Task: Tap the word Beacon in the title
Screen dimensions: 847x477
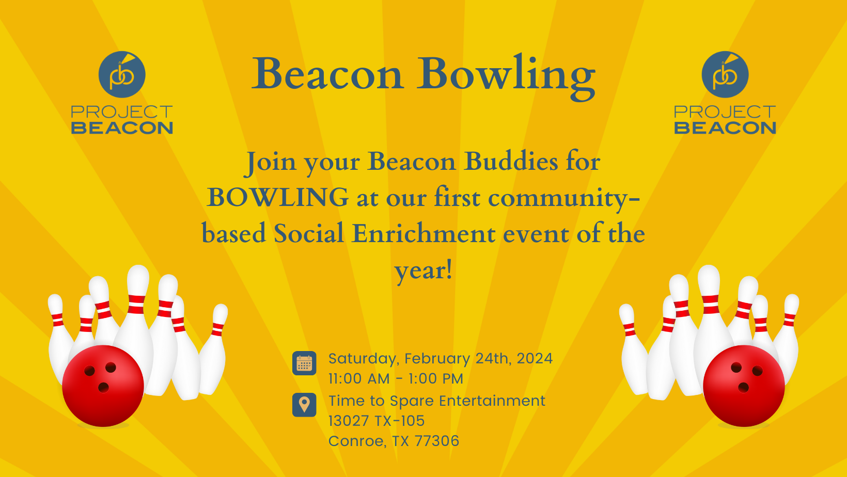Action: tap(327, 74)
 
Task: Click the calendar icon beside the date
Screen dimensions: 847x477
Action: tap(304, 363)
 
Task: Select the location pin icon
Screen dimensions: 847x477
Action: tap(304, 405)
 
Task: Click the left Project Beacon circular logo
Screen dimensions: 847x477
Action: tap(122, 74)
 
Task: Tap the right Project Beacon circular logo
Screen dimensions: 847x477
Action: tap(725, 74)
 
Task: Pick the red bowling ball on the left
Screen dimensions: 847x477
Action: tap(103, 386)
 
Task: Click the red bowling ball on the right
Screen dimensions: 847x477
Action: tap(744, 386)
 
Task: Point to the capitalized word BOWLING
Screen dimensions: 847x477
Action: tap(277, 198)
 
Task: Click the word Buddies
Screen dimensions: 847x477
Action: tap(511, 162)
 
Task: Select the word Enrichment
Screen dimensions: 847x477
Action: tap(423, 233)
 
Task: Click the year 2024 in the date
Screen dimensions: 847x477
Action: tap(535, 358)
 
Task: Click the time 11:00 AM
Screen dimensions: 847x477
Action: tap(359, 379)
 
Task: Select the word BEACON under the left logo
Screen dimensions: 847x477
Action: tap(122, 128)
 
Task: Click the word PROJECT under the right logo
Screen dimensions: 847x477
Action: tap(725, 112)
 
